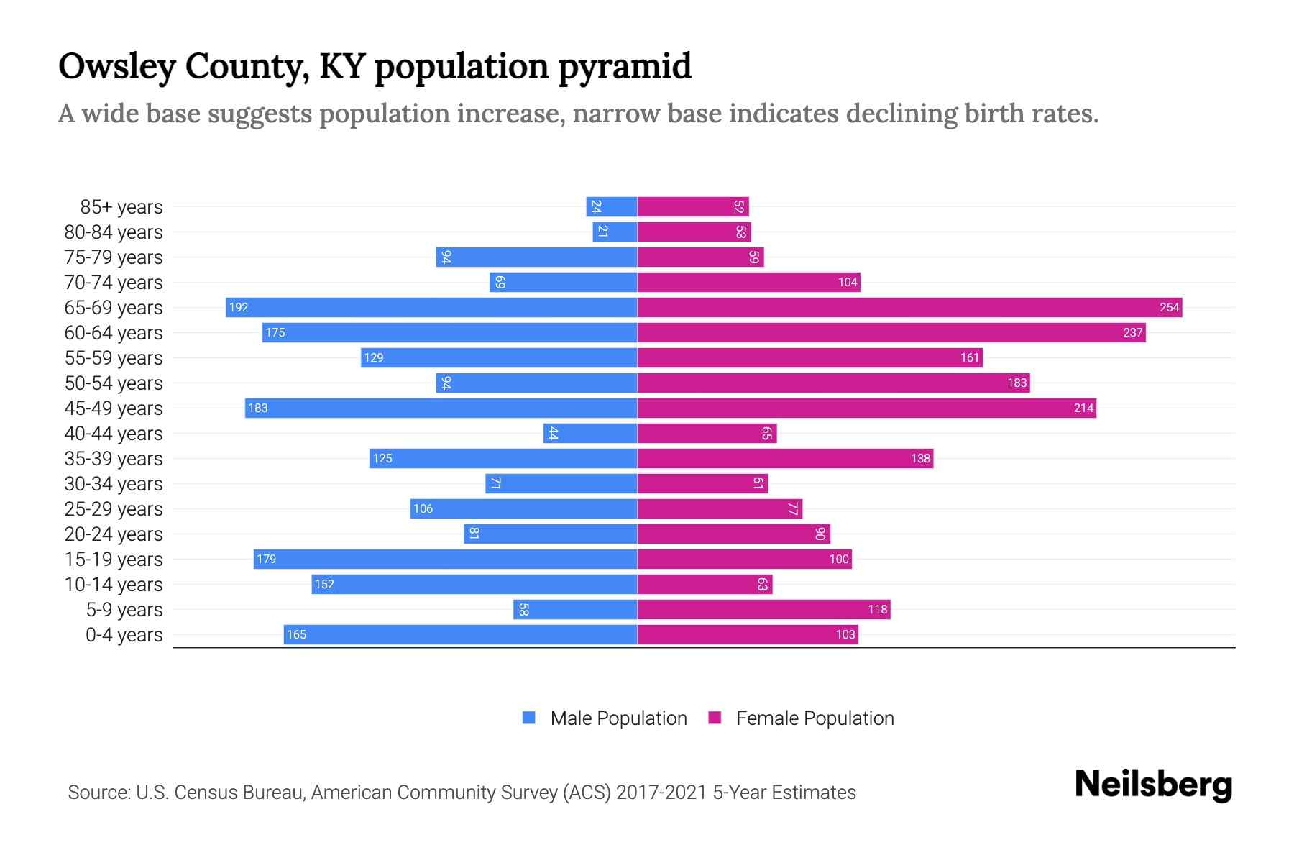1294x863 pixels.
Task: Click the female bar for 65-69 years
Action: pos(909,307)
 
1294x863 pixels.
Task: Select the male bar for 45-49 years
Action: pos(441,408)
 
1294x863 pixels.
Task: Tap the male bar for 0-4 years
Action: pos(460,634)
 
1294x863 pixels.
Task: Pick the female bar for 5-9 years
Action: pos(763,609)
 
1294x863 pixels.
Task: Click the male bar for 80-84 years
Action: pos(615,232)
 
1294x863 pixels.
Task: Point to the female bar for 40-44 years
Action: pos(707,433)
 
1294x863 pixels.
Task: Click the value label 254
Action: pos(1169,307)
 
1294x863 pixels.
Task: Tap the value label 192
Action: pos(239,307)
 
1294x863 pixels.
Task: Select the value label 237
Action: pos(1132,332)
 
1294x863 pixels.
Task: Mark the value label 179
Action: pos(267,559)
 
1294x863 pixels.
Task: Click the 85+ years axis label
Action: pos(121,207)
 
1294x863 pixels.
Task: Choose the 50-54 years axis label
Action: pos(114,383)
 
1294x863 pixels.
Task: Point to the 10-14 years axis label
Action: pos(114,585)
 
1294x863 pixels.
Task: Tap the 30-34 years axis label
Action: pos(114,484)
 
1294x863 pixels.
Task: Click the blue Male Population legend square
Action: pos(529,718)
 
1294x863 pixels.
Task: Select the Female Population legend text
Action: pos(815,718)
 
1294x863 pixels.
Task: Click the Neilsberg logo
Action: pos(1153,785)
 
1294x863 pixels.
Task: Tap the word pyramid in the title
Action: pos(625,67)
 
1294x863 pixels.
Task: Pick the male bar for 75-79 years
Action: pos(536,257)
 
